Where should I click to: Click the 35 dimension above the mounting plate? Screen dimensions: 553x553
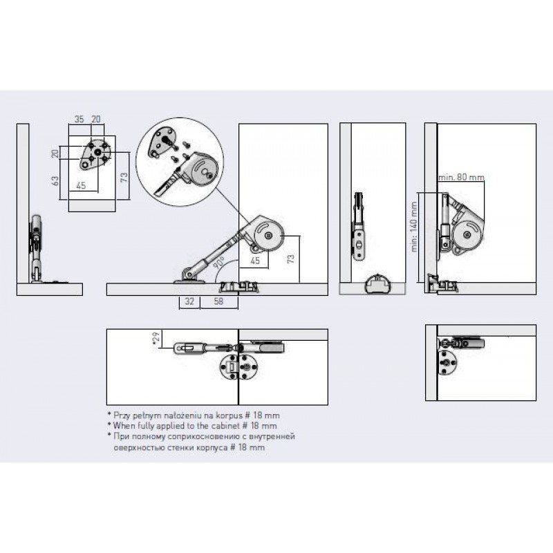pos(79,119)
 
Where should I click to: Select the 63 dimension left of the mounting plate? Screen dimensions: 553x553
pos(55,181)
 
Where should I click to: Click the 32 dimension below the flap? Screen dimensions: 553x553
pos(189,301)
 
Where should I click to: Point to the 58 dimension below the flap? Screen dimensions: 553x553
pos(218,301)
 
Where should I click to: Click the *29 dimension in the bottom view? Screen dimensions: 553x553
pos(156,337)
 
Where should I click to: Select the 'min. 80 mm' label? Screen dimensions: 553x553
pos(461,177)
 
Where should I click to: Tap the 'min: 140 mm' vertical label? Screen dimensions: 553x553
pos(414,227)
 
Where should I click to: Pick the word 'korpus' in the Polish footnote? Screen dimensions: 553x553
pos(227,415)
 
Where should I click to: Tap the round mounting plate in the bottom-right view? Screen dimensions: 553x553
pos(447,362)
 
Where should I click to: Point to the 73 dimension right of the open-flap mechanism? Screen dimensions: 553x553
pos(291,259)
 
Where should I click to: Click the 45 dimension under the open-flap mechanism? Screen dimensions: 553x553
pos(255,261)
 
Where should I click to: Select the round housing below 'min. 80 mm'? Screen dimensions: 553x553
pos(467,234)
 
